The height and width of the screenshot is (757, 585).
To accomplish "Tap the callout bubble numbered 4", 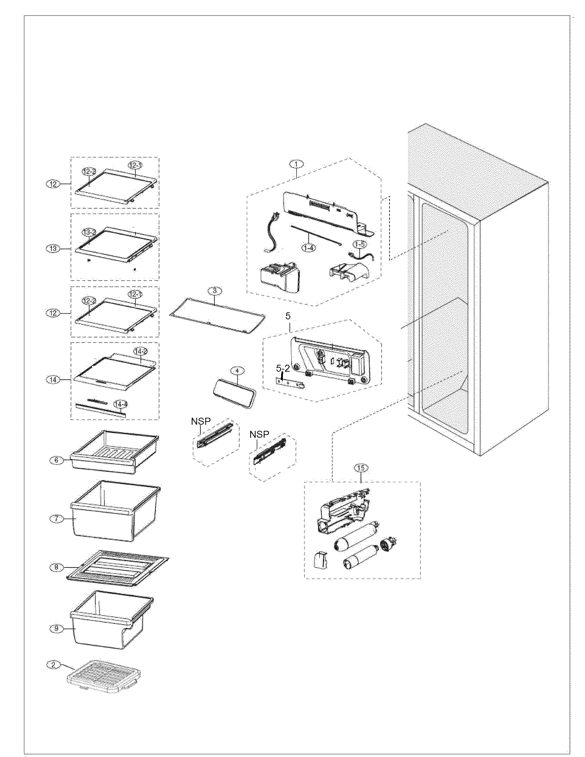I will [237, 371].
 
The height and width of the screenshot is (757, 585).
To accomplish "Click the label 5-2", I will [283, 369].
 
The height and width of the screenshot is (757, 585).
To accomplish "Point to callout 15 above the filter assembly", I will [361, 468].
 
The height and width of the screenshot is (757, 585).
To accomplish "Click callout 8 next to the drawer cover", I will [56, 567].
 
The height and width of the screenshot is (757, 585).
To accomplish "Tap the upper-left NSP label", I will [201, 421].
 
